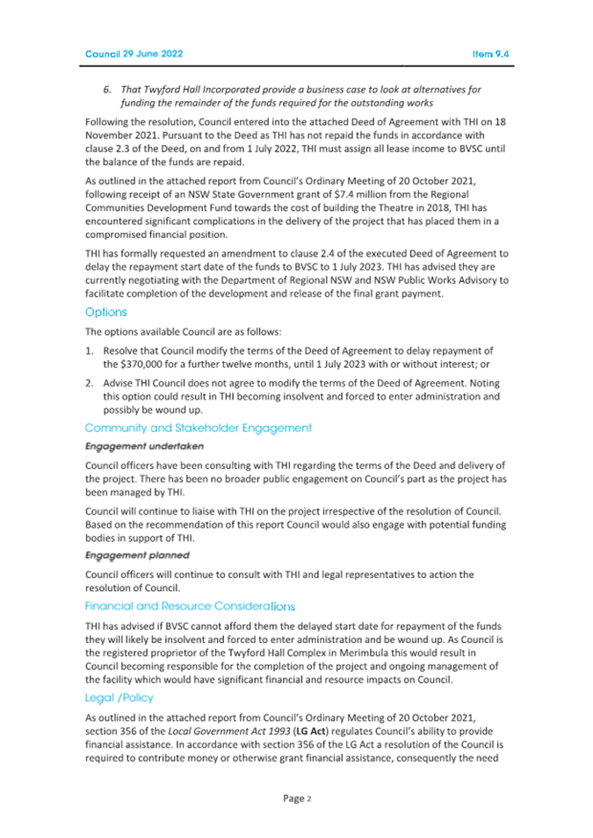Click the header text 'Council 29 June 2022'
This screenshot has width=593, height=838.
click(134, 54)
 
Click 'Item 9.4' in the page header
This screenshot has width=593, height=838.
click(490, 54)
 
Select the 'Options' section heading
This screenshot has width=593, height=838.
click(105, 312)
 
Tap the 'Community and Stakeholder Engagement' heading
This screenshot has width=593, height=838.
click(198, 428)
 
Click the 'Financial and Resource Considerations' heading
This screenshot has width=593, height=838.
click(190, 605)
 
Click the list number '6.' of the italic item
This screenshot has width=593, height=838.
click(108, 90)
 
